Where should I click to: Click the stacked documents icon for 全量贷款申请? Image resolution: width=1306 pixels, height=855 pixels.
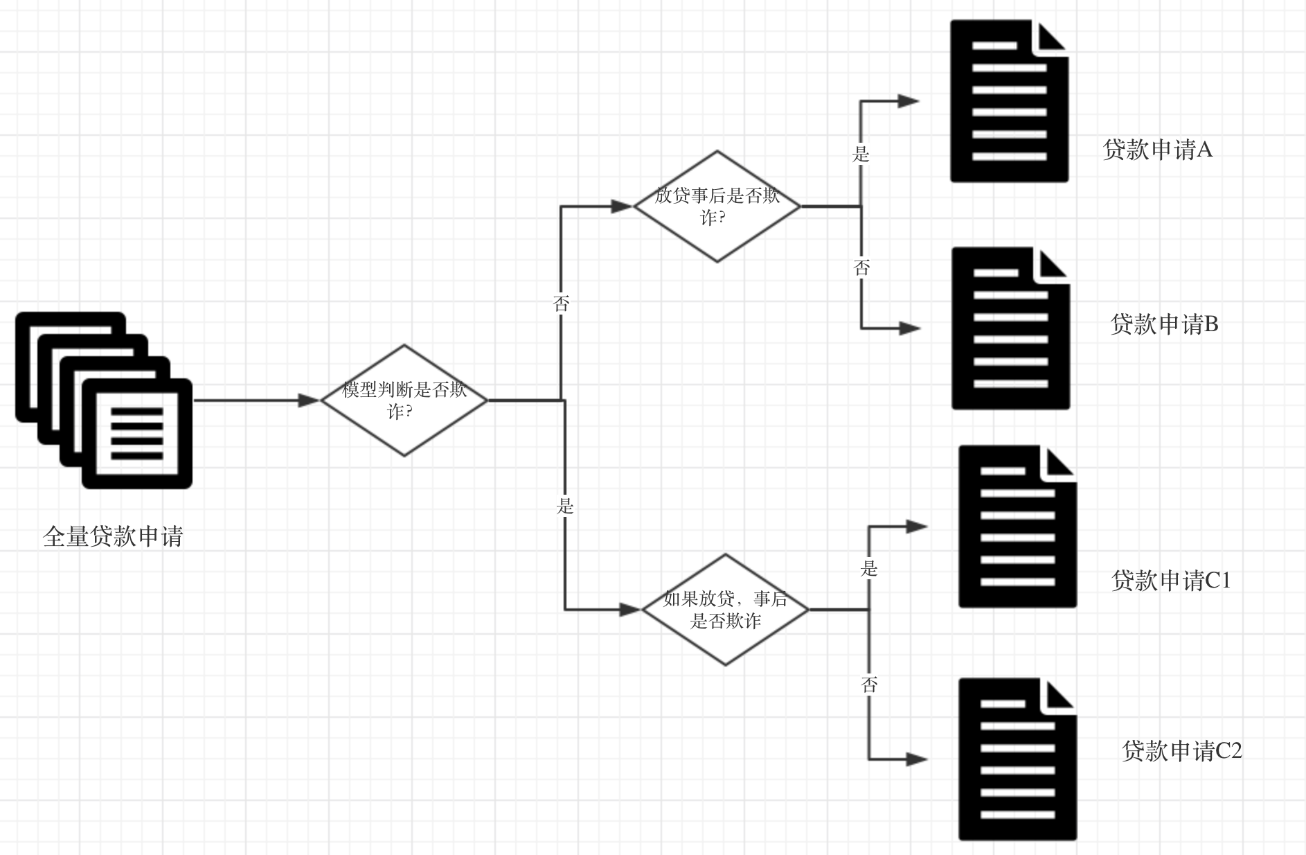(104, 400)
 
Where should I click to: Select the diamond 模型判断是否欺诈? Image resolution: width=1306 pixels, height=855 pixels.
(404, 400)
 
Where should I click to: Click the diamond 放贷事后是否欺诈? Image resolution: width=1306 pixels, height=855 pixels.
(717, 206)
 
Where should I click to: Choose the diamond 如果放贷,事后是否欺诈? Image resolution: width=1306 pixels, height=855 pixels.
(725, 610)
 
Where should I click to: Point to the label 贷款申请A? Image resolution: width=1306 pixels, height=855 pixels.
(1158, 150)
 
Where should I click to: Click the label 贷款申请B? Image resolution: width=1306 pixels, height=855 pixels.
(1164, 324)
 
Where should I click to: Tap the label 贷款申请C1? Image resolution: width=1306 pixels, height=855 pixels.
(1171, 581)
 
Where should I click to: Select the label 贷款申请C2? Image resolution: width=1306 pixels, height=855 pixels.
(1182, 751)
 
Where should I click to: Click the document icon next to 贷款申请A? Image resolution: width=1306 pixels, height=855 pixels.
(1009, 101)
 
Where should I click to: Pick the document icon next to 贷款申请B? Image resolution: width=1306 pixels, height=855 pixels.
(1010, 328)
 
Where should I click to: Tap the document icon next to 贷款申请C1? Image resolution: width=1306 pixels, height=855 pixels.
(1017, 527)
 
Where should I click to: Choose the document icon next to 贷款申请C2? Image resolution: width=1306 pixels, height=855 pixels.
(1017, 759)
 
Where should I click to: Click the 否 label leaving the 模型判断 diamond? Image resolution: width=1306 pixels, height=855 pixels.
(561, 303)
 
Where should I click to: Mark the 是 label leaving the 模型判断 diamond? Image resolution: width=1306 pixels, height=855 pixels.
(565, 506)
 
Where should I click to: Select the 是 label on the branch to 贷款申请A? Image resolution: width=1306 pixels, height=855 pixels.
(861, 154)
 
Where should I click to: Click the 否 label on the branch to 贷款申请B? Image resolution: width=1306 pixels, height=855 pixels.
(861, 267)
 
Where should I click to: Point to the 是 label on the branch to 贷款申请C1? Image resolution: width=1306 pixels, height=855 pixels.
(869, 569)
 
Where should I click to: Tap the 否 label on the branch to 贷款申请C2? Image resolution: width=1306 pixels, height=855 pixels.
(870, 685)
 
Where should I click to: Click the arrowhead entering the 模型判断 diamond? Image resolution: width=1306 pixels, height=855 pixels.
(309, 400)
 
